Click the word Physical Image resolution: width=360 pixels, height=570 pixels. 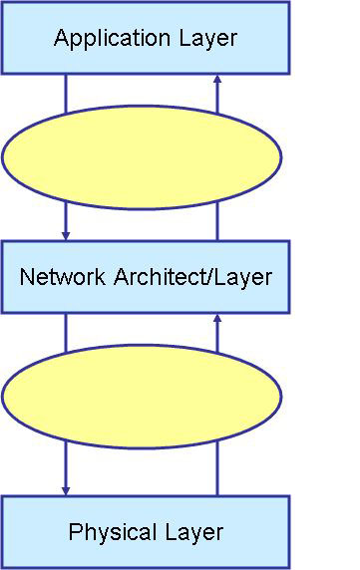click(108, 532)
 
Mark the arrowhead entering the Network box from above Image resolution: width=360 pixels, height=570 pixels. click(66, 235)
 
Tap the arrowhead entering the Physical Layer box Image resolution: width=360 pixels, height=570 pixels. click(66, 489)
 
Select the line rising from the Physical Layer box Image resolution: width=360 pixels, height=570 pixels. click(217, 468)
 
